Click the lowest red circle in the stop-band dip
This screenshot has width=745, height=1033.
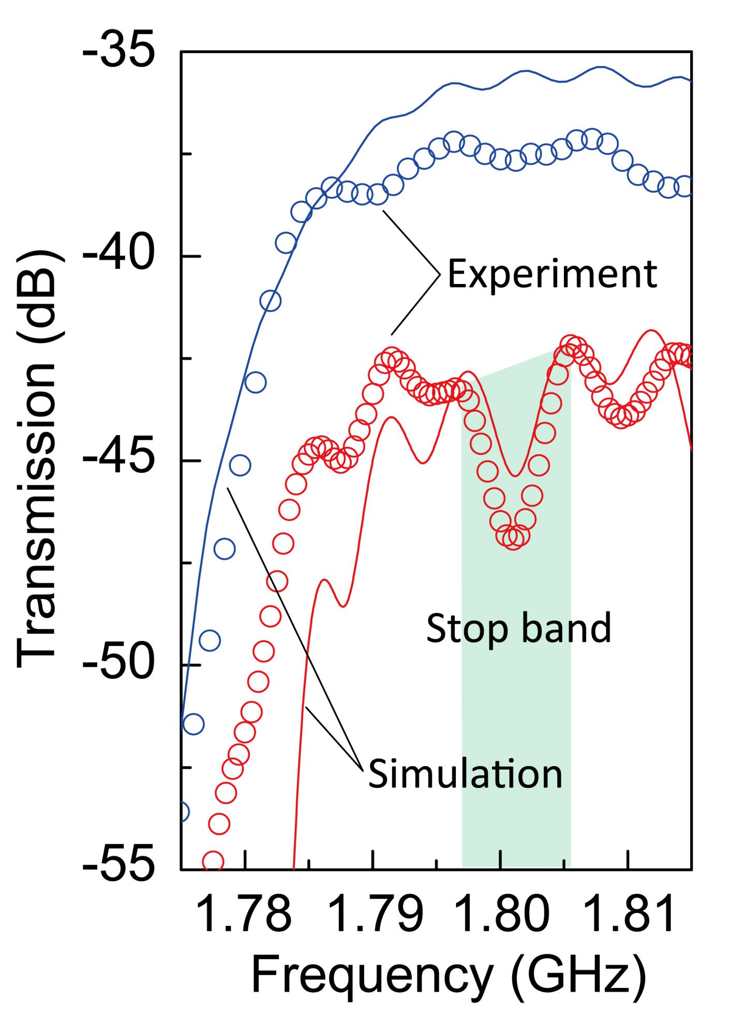513,537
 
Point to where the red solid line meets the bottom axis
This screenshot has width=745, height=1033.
293,868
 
